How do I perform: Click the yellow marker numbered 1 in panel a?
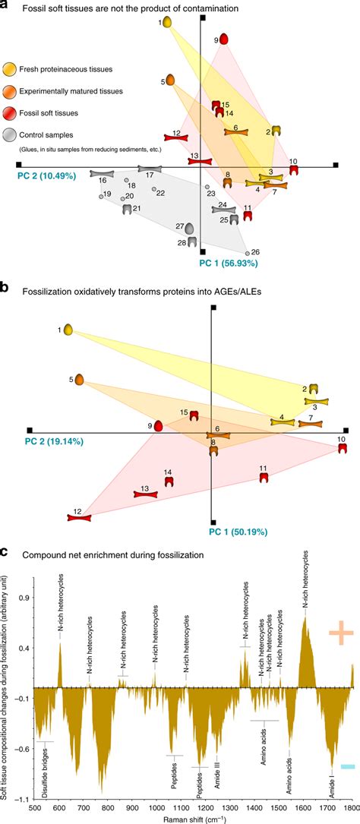(x=166, y=24)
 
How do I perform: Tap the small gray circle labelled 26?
(x=247, y=253)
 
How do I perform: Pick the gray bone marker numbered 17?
(x=150, y=169)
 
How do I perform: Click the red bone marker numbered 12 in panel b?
(x=78, y=517)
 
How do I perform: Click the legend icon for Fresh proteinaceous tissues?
(x=10, y=69)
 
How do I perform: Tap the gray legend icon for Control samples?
(x=10, y=135)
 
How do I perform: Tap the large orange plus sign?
(x=341, y=632)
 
